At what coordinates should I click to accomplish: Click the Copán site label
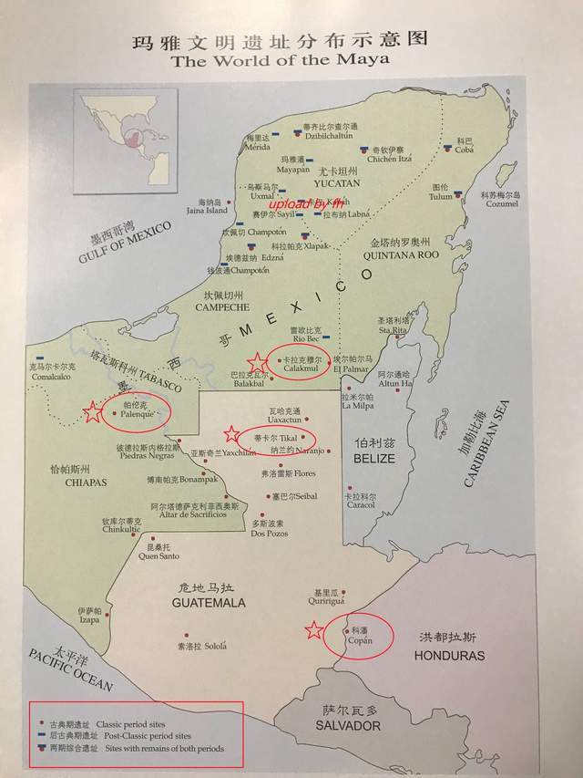360,640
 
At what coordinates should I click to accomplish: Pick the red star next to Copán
314,630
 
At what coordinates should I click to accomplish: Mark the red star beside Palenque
93,413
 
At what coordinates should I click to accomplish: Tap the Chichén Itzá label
390,159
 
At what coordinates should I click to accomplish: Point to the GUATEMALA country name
210,603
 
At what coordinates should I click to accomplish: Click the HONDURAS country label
449,655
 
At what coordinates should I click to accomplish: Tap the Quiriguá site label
326,576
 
